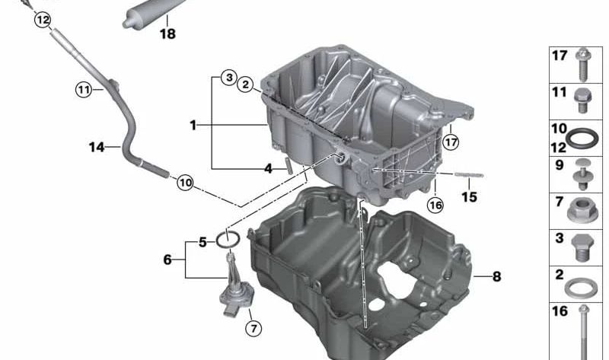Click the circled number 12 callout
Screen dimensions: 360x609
pos(43,19)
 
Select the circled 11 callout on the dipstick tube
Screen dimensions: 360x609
pos(83,90)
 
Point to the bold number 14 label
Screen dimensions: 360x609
pos(96,148)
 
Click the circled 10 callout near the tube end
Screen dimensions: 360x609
pos(185,183)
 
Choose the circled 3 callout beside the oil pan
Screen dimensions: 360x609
pos(228,78)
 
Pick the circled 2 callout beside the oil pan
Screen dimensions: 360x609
pos(245,85)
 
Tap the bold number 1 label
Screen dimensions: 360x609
pos(193,124)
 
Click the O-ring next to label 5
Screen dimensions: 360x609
pos(228,241)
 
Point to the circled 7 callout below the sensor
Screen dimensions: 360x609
pos(253,329)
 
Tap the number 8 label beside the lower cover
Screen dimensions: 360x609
pos(496,277)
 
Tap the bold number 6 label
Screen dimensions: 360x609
pos(167,260)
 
